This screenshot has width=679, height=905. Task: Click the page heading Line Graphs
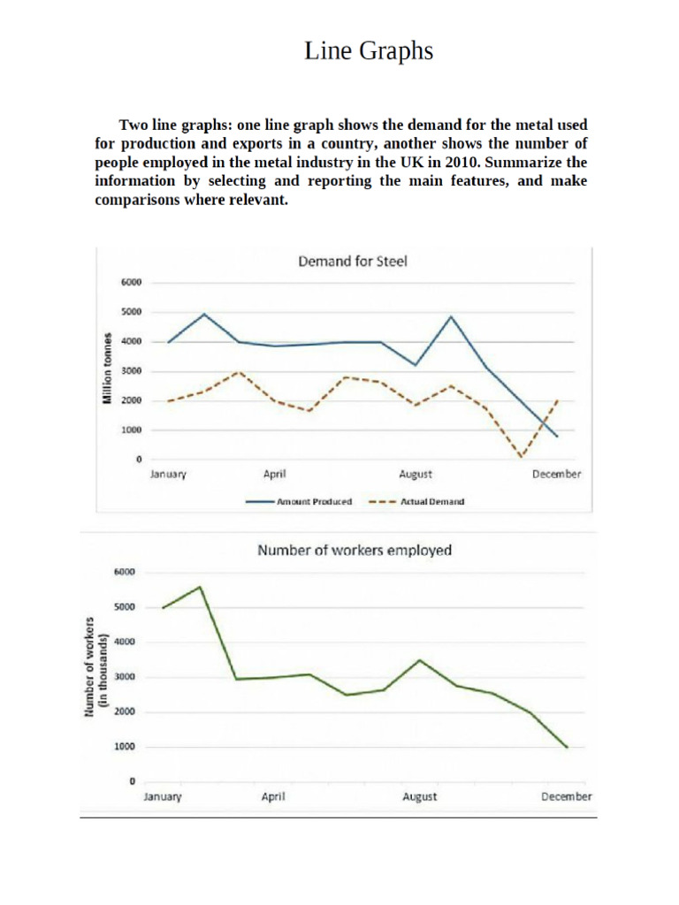pyautogui.click(x=369, y=52)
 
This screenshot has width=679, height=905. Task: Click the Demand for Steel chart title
pyautogui.click(x=351, y=262)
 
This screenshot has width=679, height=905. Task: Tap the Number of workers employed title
pyautogui.click(x=354, y=551)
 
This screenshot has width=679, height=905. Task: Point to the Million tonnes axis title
pyautogui.click(x=107, y=369)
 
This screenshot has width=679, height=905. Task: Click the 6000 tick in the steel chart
pyautogui.click(x=131, y=283)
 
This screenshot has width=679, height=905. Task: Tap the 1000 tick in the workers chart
pyautogui.click(x=125, y=747)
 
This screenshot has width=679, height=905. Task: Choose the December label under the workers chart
pyautogui.click(x=566, y=797)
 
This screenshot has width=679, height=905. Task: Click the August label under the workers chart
pyautogui.click(x=419, y=797)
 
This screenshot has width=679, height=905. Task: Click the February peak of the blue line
pyautogui.click(x=204, y=314)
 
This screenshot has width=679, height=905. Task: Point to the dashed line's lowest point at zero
pyautogui.click(x=522, y=458)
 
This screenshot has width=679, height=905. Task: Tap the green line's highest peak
pyautogui.click(x=201, y=587)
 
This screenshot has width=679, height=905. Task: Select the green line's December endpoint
pyautogui.click(x=567, y=748)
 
